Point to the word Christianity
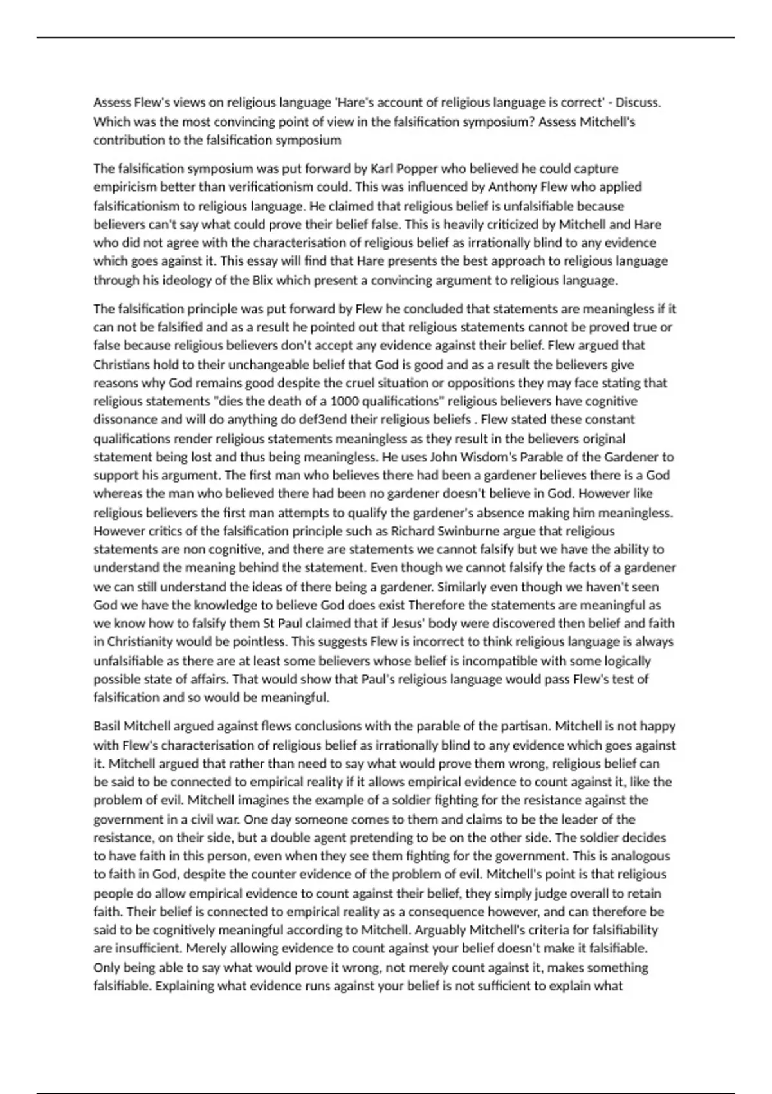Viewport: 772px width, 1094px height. tap(140, 642)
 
